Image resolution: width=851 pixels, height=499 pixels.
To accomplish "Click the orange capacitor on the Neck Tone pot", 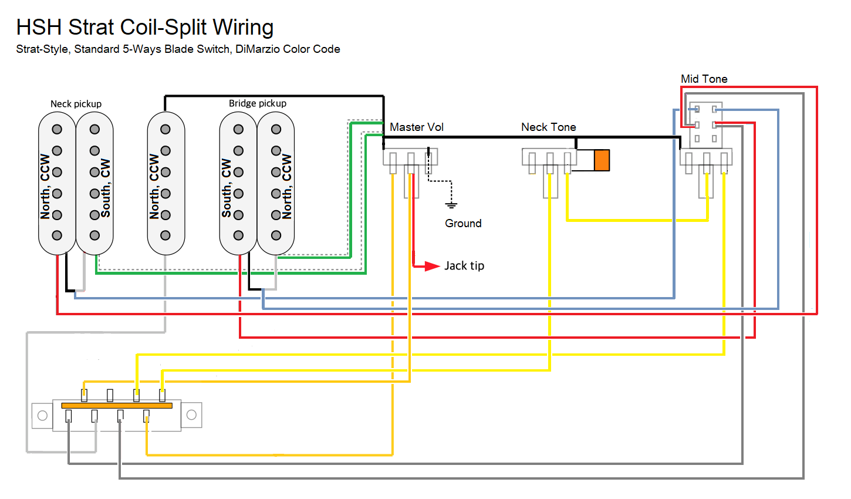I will point(602,160).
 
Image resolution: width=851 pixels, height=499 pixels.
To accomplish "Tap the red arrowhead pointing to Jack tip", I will point(433,266).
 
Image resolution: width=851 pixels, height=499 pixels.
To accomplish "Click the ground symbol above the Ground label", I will point(451,205).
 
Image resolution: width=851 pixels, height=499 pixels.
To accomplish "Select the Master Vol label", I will point(417,127).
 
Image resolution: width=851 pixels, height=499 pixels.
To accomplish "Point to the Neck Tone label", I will point(548,127).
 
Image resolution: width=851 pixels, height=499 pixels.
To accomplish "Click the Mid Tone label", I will point(704,79).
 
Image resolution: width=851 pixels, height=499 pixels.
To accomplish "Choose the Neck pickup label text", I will point(76,104).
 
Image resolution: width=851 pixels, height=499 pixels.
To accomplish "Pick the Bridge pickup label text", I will point(258,103).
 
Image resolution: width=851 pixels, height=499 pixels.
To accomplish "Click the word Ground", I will point(463,224).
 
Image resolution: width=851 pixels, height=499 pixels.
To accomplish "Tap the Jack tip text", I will point(464,266).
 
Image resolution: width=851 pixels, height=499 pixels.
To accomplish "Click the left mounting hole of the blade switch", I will point(42,416).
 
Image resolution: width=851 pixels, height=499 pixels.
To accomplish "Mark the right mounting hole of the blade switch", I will point(191,415).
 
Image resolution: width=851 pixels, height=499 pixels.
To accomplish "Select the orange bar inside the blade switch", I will point(117,406).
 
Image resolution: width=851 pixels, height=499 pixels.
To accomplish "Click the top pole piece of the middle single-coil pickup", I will point(166,129).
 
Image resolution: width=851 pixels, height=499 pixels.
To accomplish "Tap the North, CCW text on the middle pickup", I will point(154,186).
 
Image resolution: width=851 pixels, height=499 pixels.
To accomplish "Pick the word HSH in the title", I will point(39,28).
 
